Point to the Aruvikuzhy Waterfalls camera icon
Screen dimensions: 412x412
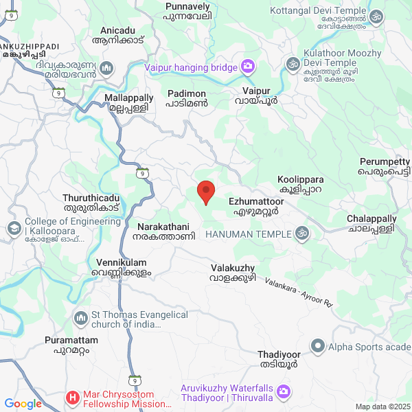click(x=284, y=392)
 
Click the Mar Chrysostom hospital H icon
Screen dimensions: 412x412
click(x=73, y=398)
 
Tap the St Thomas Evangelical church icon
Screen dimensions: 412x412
click(x=81, y=318)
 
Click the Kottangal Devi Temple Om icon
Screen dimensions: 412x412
click(x=376, y=16)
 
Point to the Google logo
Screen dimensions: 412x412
click(x=23, y=404)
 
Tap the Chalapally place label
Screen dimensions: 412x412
click(x=371, y=222)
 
